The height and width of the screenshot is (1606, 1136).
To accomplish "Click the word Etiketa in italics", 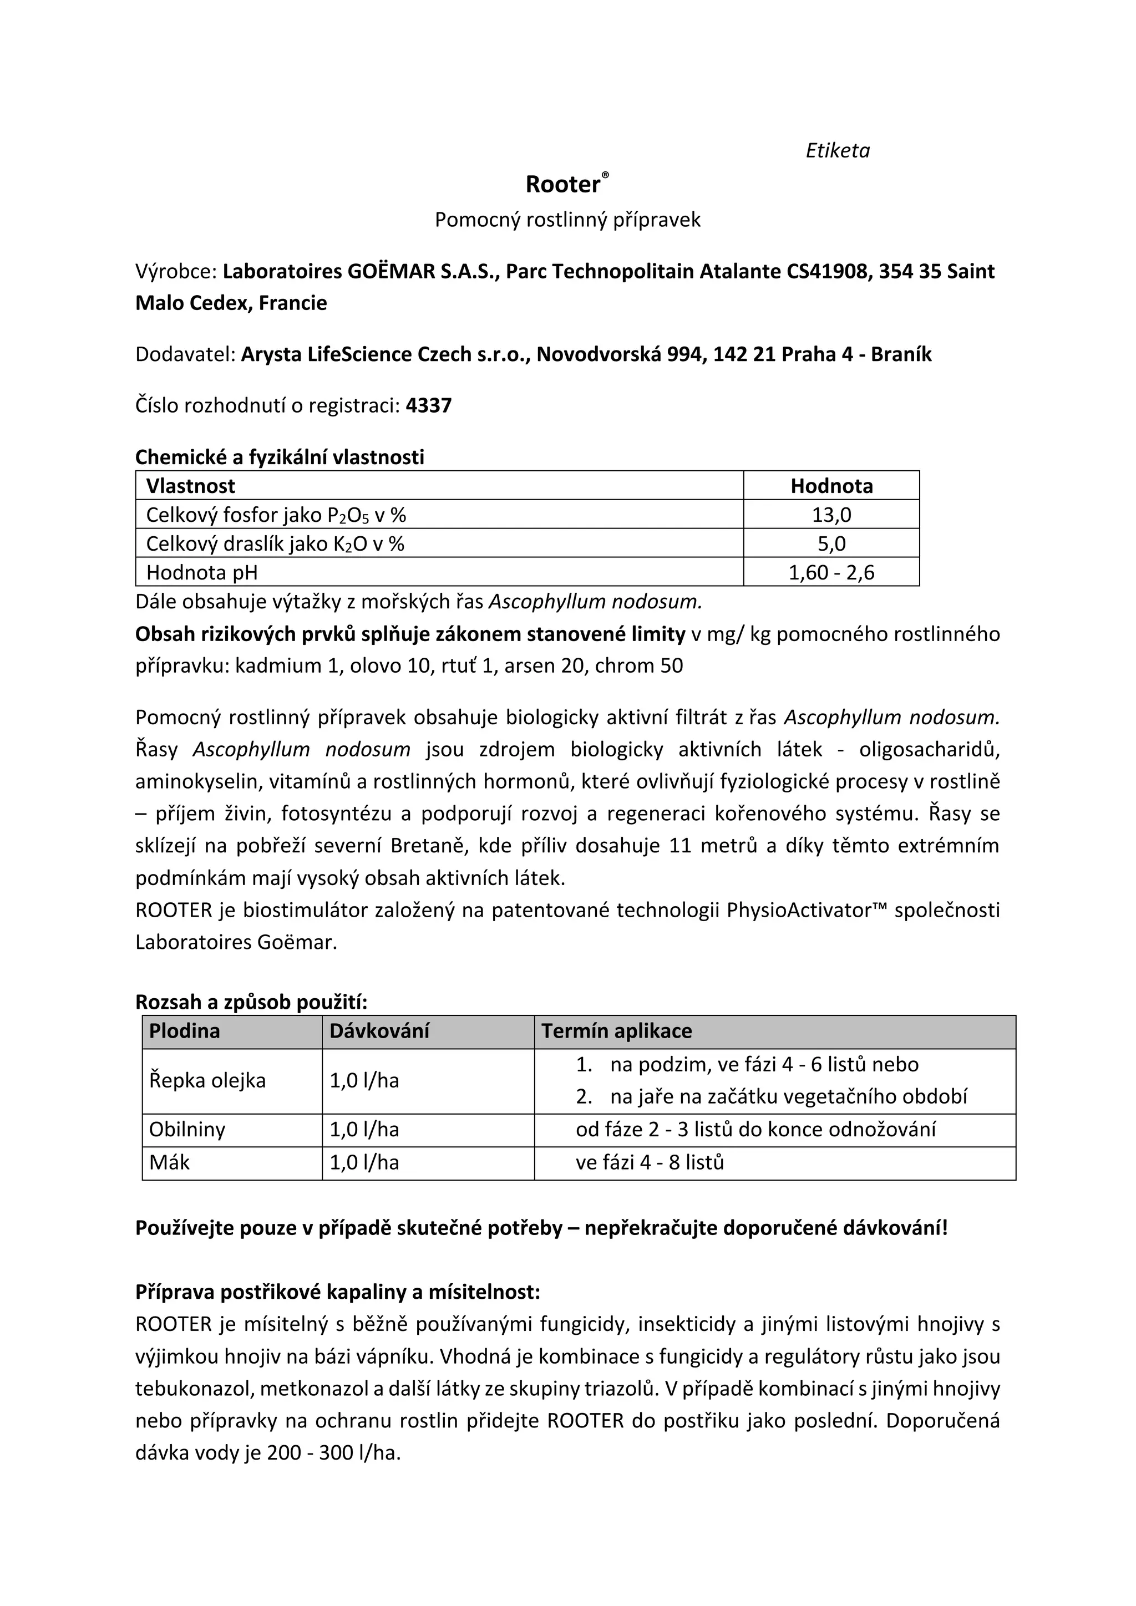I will tap(838, 150).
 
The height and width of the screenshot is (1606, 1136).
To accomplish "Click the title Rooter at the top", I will tap(563, 184).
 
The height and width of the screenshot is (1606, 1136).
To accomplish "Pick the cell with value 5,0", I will tap(831, 543).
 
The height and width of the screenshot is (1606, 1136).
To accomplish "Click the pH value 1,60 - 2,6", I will tap(831, 572).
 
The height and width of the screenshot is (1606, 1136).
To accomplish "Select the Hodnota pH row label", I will tap(201, 572).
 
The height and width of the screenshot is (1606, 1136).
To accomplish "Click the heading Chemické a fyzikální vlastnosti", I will tap(279, 457).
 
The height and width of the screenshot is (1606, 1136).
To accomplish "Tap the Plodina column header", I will tap(185, 1030).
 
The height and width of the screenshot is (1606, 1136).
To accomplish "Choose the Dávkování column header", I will tap(379, 1030).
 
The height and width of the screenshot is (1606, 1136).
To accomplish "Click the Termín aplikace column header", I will tap(616, 1030).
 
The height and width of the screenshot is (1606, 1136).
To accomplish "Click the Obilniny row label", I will tap(187, 1129).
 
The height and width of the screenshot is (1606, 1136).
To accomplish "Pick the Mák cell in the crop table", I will tap(169, 1162).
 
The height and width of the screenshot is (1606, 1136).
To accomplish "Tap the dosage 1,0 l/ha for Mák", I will tap(364, 1162).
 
